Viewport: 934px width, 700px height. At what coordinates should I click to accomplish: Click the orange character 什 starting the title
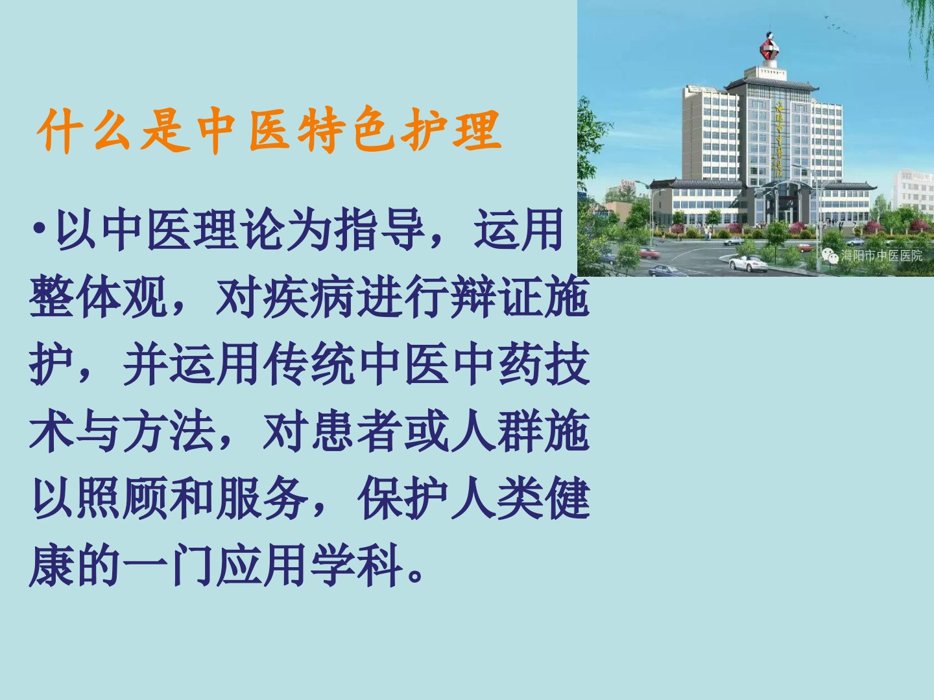tap(59, 130)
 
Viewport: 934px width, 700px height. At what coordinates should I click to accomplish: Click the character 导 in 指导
tap(402, 229)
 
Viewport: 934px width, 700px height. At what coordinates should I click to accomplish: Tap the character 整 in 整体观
tap(51, 296)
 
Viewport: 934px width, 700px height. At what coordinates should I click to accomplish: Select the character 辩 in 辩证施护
tap(473, 296)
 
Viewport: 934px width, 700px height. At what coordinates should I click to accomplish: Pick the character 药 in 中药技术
tap(520, 364)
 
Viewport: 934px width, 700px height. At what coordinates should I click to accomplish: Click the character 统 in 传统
tap(333, 364)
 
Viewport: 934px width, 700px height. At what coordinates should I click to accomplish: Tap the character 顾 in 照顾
tap(145, 498)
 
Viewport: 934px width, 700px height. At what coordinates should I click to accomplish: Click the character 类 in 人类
tap(520, 498)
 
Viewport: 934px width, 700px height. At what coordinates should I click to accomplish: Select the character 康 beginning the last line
tap(51, 565)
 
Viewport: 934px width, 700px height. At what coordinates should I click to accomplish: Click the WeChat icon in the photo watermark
tap(830, 256)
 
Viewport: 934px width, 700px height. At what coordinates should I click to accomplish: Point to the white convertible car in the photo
tap(748, 264)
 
